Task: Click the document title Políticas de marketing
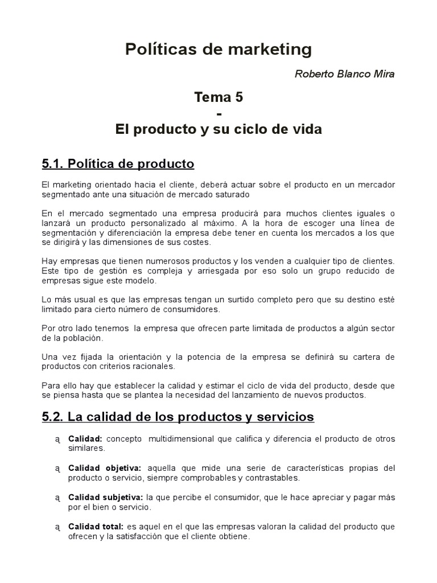pos(218,50)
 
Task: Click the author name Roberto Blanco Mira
pos(345,74)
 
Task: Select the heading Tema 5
pos(218,97)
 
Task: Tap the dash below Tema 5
pos(219,113)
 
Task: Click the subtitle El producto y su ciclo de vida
pos(218,130)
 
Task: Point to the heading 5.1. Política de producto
pos(118,165)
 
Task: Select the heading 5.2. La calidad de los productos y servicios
pos(178,417)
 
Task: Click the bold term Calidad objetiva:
pos(105,468)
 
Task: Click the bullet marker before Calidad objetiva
pos(57,469)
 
